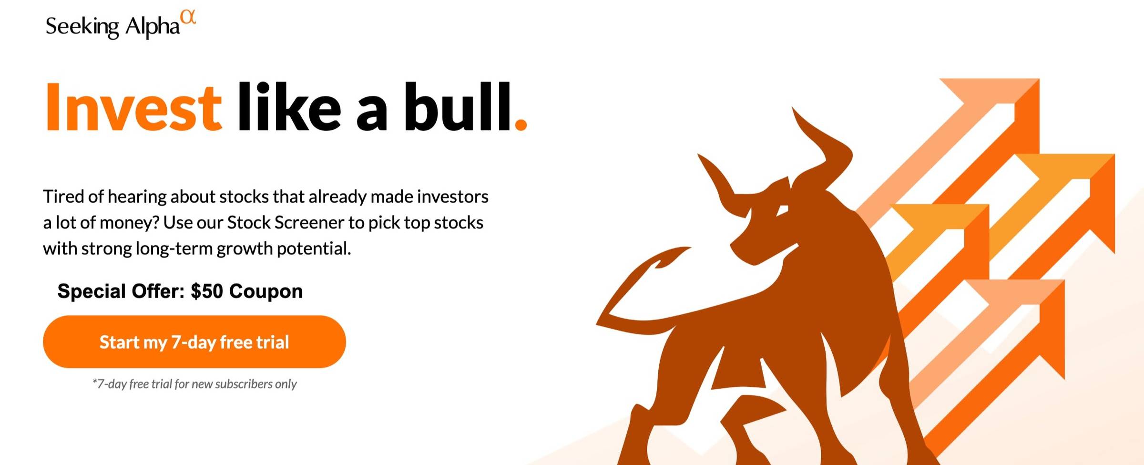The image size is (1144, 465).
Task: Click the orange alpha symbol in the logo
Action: (x=189, y=18)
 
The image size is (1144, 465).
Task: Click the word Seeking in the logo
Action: (x=82, y=27)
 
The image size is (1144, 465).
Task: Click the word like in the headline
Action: (x=289, y=106)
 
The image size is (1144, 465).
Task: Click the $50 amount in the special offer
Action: (x=207, y=291)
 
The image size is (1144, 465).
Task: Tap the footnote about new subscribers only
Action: (x=194, y=384)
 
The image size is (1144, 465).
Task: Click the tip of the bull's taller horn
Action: (x=793, y=108)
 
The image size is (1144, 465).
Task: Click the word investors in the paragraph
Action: (x=453, y=196)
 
